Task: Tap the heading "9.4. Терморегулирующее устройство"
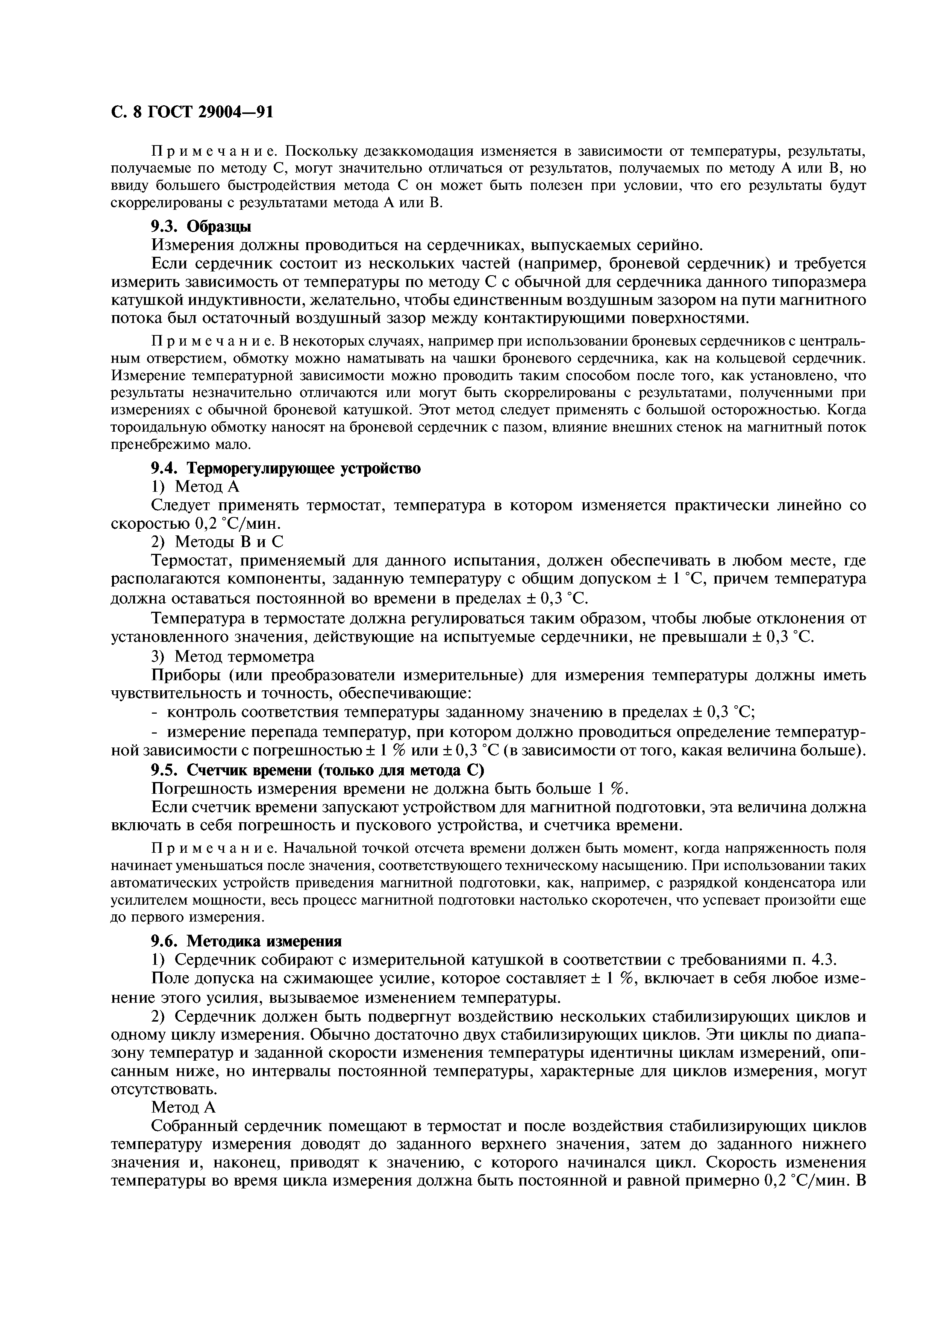click(285, 468)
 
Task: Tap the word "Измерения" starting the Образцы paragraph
click(191, 245)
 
